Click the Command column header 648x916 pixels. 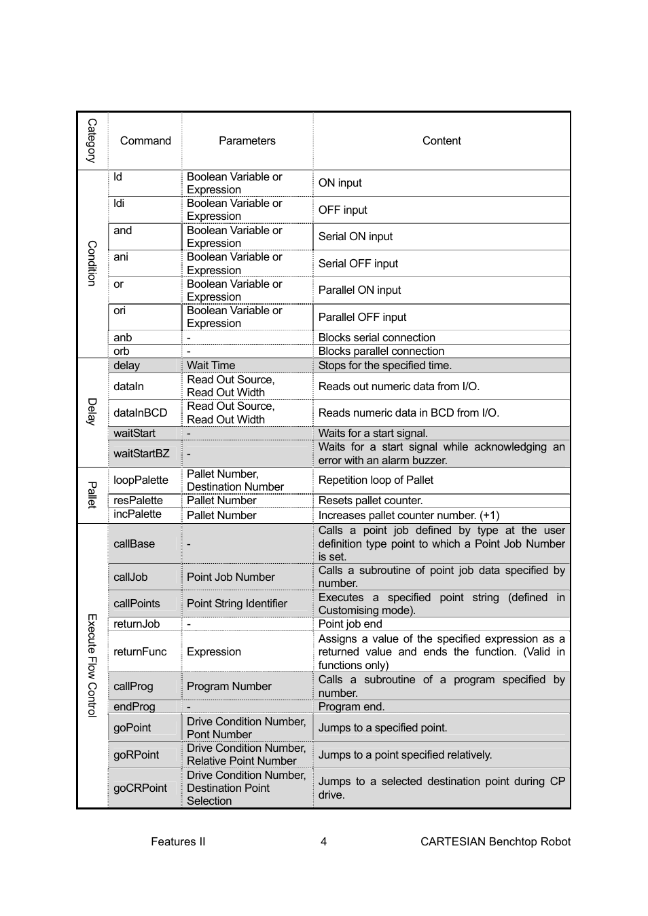click(x=145, y=140)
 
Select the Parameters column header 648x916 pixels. click(x=247, y=140)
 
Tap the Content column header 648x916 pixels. click(x=442, y=140)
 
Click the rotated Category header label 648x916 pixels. click(x=92, y=140)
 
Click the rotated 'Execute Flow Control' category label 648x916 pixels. click(x=92, y=665)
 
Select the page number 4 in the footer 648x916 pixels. click(x=323, y=842)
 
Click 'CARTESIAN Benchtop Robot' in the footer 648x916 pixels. click(x=495, y=842)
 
